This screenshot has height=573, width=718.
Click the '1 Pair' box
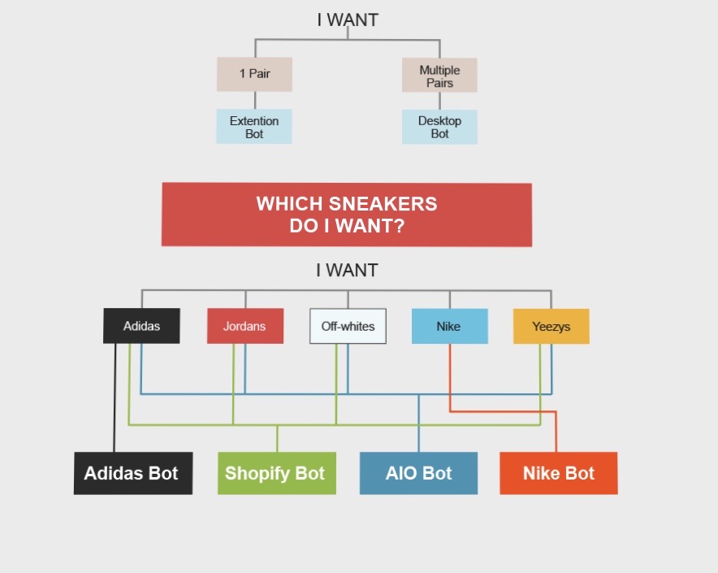[x=254, y=74]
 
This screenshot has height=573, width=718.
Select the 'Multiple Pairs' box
[x=439, y=76]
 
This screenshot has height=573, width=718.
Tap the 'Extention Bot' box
[x=254, y=127]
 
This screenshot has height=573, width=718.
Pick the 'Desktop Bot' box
[x=439, y=127]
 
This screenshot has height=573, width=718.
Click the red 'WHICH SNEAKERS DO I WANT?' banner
[x=347, y=215]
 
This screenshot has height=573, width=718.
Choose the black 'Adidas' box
[x=141, y=326]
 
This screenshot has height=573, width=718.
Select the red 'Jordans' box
[x=244, y=326]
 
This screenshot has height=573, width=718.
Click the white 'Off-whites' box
[x=348, y=326]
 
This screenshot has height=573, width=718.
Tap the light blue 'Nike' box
[x=449, y=326]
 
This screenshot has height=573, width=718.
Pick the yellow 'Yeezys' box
[x=551, y=326]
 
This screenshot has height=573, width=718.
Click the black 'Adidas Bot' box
[x=133, y=473]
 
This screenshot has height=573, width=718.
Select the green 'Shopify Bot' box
[x=276, y=473]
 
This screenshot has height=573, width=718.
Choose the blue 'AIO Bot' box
[x=418, y=473]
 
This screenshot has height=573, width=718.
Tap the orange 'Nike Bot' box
[x=558, y=473]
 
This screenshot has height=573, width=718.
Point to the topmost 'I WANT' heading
[x=348, y=20]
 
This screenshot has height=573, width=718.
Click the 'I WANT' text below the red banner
[x=347, y=271]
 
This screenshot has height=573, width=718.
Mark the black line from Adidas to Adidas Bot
[x=115, y=398]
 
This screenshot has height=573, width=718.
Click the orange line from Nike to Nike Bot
[x=504, y=411]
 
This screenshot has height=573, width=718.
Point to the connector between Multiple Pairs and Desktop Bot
[x=439, y=101]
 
